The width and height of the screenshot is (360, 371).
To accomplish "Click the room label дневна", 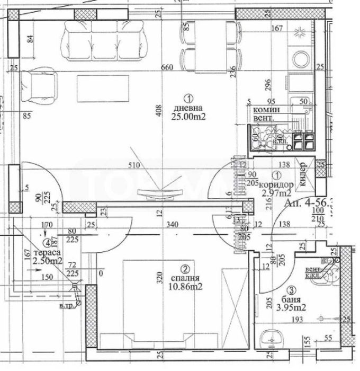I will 188,109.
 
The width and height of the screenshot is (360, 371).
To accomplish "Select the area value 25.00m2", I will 188,118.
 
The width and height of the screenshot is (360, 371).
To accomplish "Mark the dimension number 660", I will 167,67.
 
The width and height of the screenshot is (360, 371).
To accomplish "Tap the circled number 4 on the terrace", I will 48,244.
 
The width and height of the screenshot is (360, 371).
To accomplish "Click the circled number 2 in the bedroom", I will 185,268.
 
